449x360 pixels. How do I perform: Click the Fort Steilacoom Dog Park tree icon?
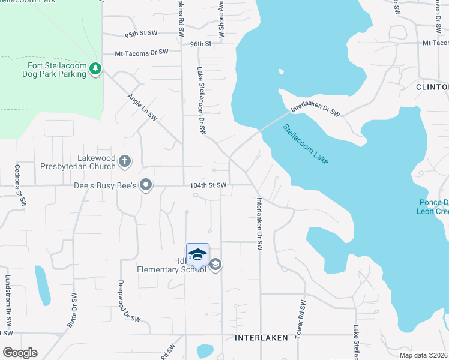(95, 70)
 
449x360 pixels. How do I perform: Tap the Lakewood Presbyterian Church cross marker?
(124, 161)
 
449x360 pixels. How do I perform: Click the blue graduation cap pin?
(197, 255)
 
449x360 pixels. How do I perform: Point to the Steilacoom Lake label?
(306, 145)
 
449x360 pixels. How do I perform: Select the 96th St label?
(201, 44)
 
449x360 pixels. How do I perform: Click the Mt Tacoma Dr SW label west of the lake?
(142, 53)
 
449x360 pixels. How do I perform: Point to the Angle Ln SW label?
(142, 108)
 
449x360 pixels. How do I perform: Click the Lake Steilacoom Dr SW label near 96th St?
(200, 101)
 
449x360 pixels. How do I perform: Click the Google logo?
(19, 352)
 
